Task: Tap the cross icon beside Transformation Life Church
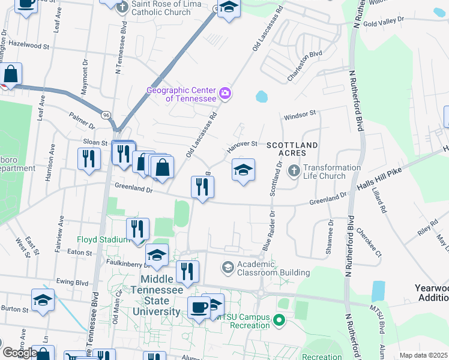click(294, 172)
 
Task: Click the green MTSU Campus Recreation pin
click(278, 321)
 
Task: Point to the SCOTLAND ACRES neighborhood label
click(292, 149)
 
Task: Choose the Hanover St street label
click(241, 146)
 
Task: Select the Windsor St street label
click(300, 113)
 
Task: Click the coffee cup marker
click(199, 307)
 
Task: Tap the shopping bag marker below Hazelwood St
click(11, 74)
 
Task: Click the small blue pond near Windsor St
click(261, 96)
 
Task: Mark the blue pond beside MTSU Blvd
click(378, 291)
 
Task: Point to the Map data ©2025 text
click(423, 355)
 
